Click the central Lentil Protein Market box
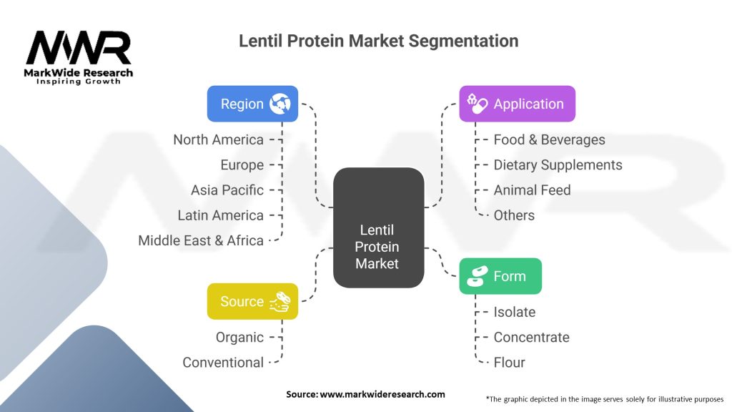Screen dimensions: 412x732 pos(378,227)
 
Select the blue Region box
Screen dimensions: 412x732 pos(252,104)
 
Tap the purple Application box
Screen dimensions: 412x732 pos(517,104)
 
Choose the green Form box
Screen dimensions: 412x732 pos(500,276)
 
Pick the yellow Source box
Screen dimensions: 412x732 pos(252,301)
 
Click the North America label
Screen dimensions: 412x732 pos(218,139)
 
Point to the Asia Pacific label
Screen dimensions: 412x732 pos(227,190)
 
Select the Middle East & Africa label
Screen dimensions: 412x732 pos(201,240)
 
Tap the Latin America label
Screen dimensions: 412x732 pos(220,215)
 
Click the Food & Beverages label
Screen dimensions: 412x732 pos(549,139)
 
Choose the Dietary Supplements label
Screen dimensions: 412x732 pos(558,165)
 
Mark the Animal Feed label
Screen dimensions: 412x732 pos(532,190)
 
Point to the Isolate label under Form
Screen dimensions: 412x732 pos(514,312)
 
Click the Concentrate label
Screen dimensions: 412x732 pos(531,337)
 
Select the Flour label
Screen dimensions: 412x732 pos(509,363)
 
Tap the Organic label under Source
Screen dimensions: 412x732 pos(239,337)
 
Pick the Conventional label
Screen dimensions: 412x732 pos(223,363)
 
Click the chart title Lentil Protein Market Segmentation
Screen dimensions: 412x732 pos(378,41)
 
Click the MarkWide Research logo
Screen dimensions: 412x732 pos(79,57)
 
